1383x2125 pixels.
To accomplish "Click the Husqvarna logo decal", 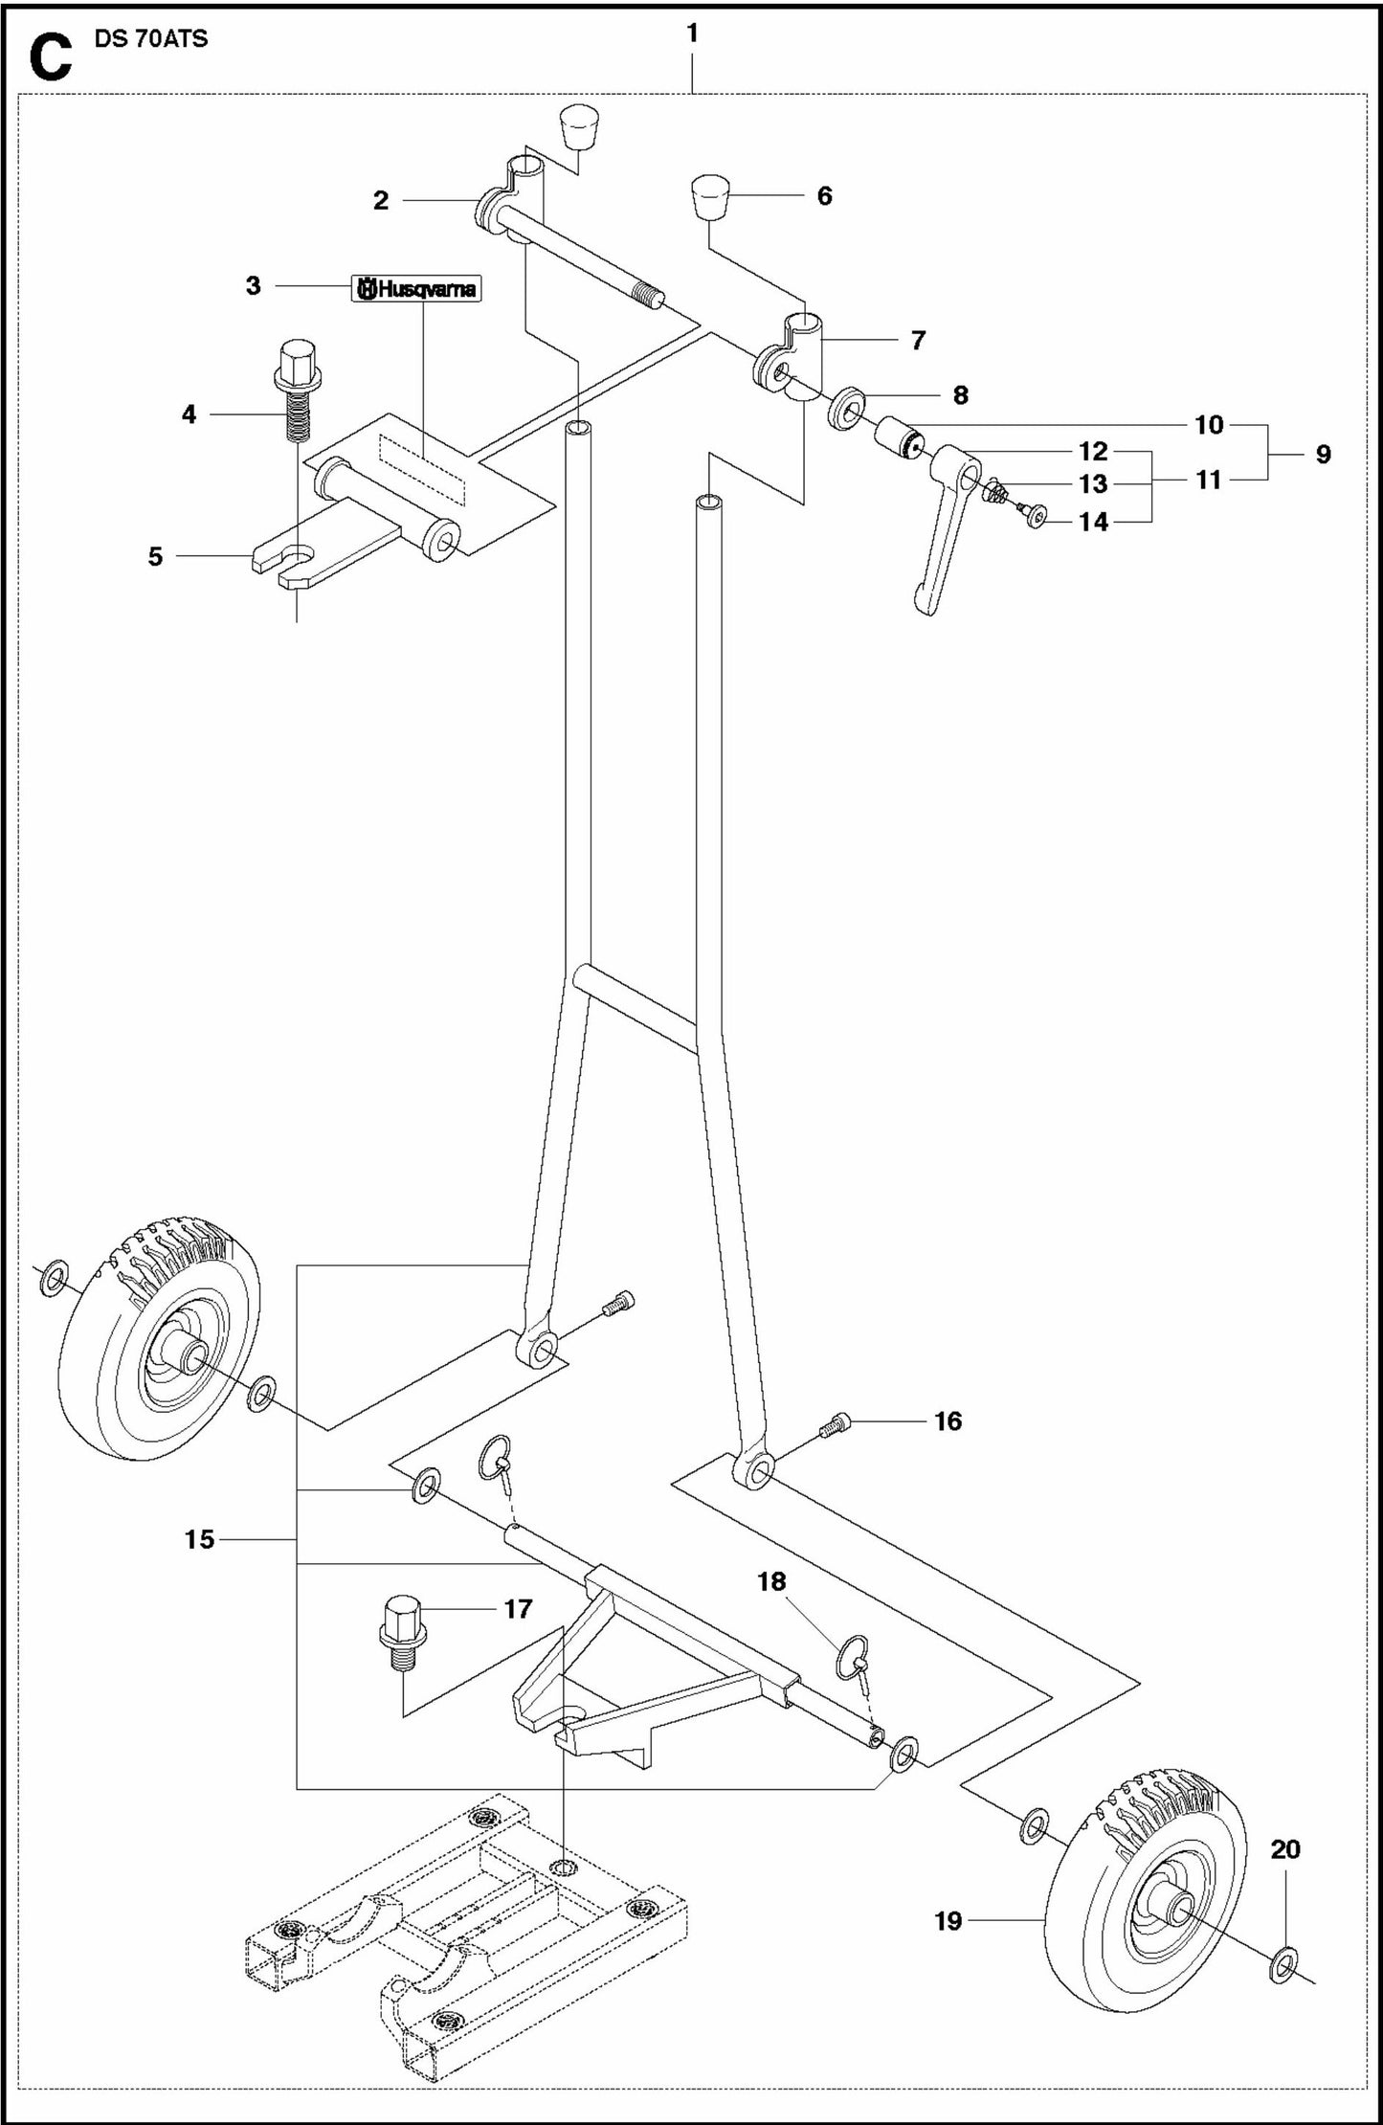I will pos(416,289).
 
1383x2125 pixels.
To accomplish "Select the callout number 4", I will pos(190,414).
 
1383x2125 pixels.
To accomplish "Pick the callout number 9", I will pos(1323,454).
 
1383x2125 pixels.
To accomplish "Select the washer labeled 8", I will pos(847,409).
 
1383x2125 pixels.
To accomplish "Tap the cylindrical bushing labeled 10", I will pos(898,437).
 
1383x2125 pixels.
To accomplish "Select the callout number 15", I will pos(200,1539).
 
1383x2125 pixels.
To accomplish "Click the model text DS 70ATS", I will pos(151,39).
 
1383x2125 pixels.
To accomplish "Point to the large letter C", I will pos(50,56).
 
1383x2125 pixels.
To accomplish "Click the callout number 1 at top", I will pos(692,34).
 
